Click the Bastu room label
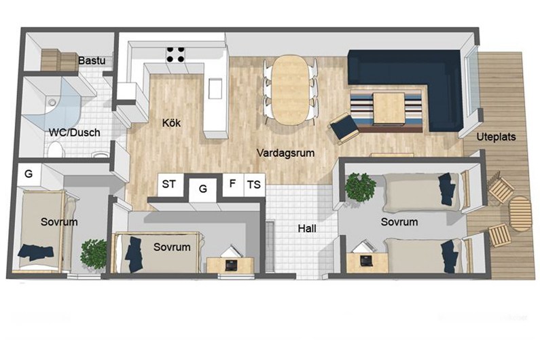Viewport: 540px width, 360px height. pos(92,60)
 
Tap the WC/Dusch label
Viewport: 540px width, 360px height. pos(75,132)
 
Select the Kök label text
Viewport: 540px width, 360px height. pos(171,123)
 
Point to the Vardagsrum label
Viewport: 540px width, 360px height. pos(285,153)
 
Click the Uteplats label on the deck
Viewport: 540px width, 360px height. pos(496,137)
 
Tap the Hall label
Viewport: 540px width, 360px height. pos(307,228)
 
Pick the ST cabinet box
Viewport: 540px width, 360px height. pos(168,185)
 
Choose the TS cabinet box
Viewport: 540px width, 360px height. pos(255,185)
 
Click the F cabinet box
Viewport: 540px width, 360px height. pos(233,184)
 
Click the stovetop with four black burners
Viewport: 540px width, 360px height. pos(175,54)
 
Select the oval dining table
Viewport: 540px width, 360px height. pos(291,90)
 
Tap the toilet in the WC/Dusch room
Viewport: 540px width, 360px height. pos(56,150)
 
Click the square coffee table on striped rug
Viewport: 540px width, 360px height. pos(389,108)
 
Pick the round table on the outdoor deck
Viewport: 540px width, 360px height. pos(520,214)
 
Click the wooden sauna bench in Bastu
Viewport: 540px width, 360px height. pos(60,60)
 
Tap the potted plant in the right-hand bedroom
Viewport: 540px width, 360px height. pos(360,187)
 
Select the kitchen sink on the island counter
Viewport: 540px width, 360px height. pos(215,88)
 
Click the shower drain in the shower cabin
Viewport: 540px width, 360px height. pos(52,102)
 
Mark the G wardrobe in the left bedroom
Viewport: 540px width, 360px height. pos(29,175)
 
